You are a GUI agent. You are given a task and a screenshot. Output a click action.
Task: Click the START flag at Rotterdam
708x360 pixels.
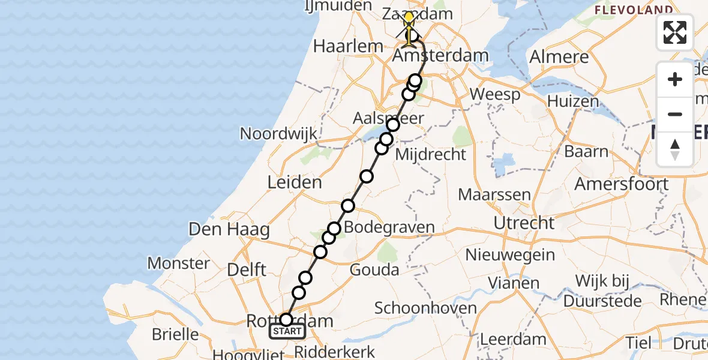pyautogui.click(x=287, y=331)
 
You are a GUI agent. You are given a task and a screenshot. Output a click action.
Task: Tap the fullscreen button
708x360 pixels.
pyautogui.click(x=675, y=32)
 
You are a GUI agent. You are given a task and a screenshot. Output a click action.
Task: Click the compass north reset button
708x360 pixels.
pyautogui.click(x=675, y=149)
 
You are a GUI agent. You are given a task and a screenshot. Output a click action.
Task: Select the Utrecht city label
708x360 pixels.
pyautogui.click(x=524, y=223)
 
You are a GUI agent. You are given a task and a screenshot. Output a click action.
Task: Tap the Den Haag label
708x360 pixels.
pyautogui.click(x=229, y=229)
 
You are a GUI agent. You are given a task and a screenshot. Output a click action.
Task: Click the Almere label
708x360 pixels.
pyautogui.click(x=559, y=58)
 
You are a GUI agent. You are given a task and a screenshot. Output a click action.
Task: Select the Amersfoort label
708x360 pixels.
pyautogui.click(x=622, y=184)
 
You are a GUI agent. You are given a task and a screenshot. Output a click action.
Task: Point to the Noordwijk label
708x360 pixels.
pyautogui.click(x=278, y=133)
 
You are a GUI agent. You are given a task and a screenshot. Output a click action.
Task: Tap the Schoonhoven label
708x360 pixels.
pyautogui.click(x=425, y=308)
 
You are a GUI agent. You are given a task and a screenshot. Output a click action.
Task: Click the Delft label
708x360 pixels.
pyautogui.click(x=247, y=269)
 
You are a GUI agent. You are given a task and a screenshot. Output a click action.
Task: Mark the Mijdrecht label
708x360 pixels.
pyautogui.click(x=430, y=154)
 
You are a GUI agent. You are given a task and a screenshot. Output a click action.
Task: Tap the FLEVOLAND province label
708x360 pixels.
pyautogui.click(x=633, y=10)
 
